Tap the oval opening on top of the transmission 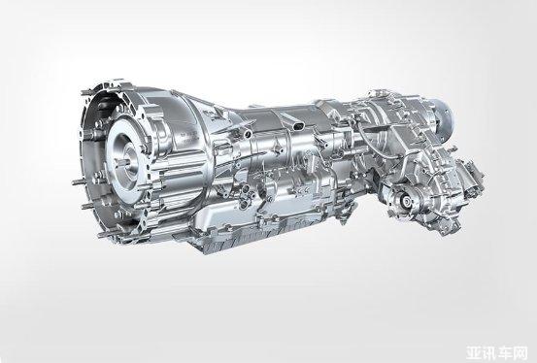pos(299,125)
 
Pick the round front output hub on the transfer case pos(405,201)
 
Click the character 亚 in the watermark pos(475,352)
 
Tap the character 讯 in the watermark pos(490,352)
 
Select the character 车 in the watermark pos(506,352)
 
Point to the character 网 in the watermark pos(520,352)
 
